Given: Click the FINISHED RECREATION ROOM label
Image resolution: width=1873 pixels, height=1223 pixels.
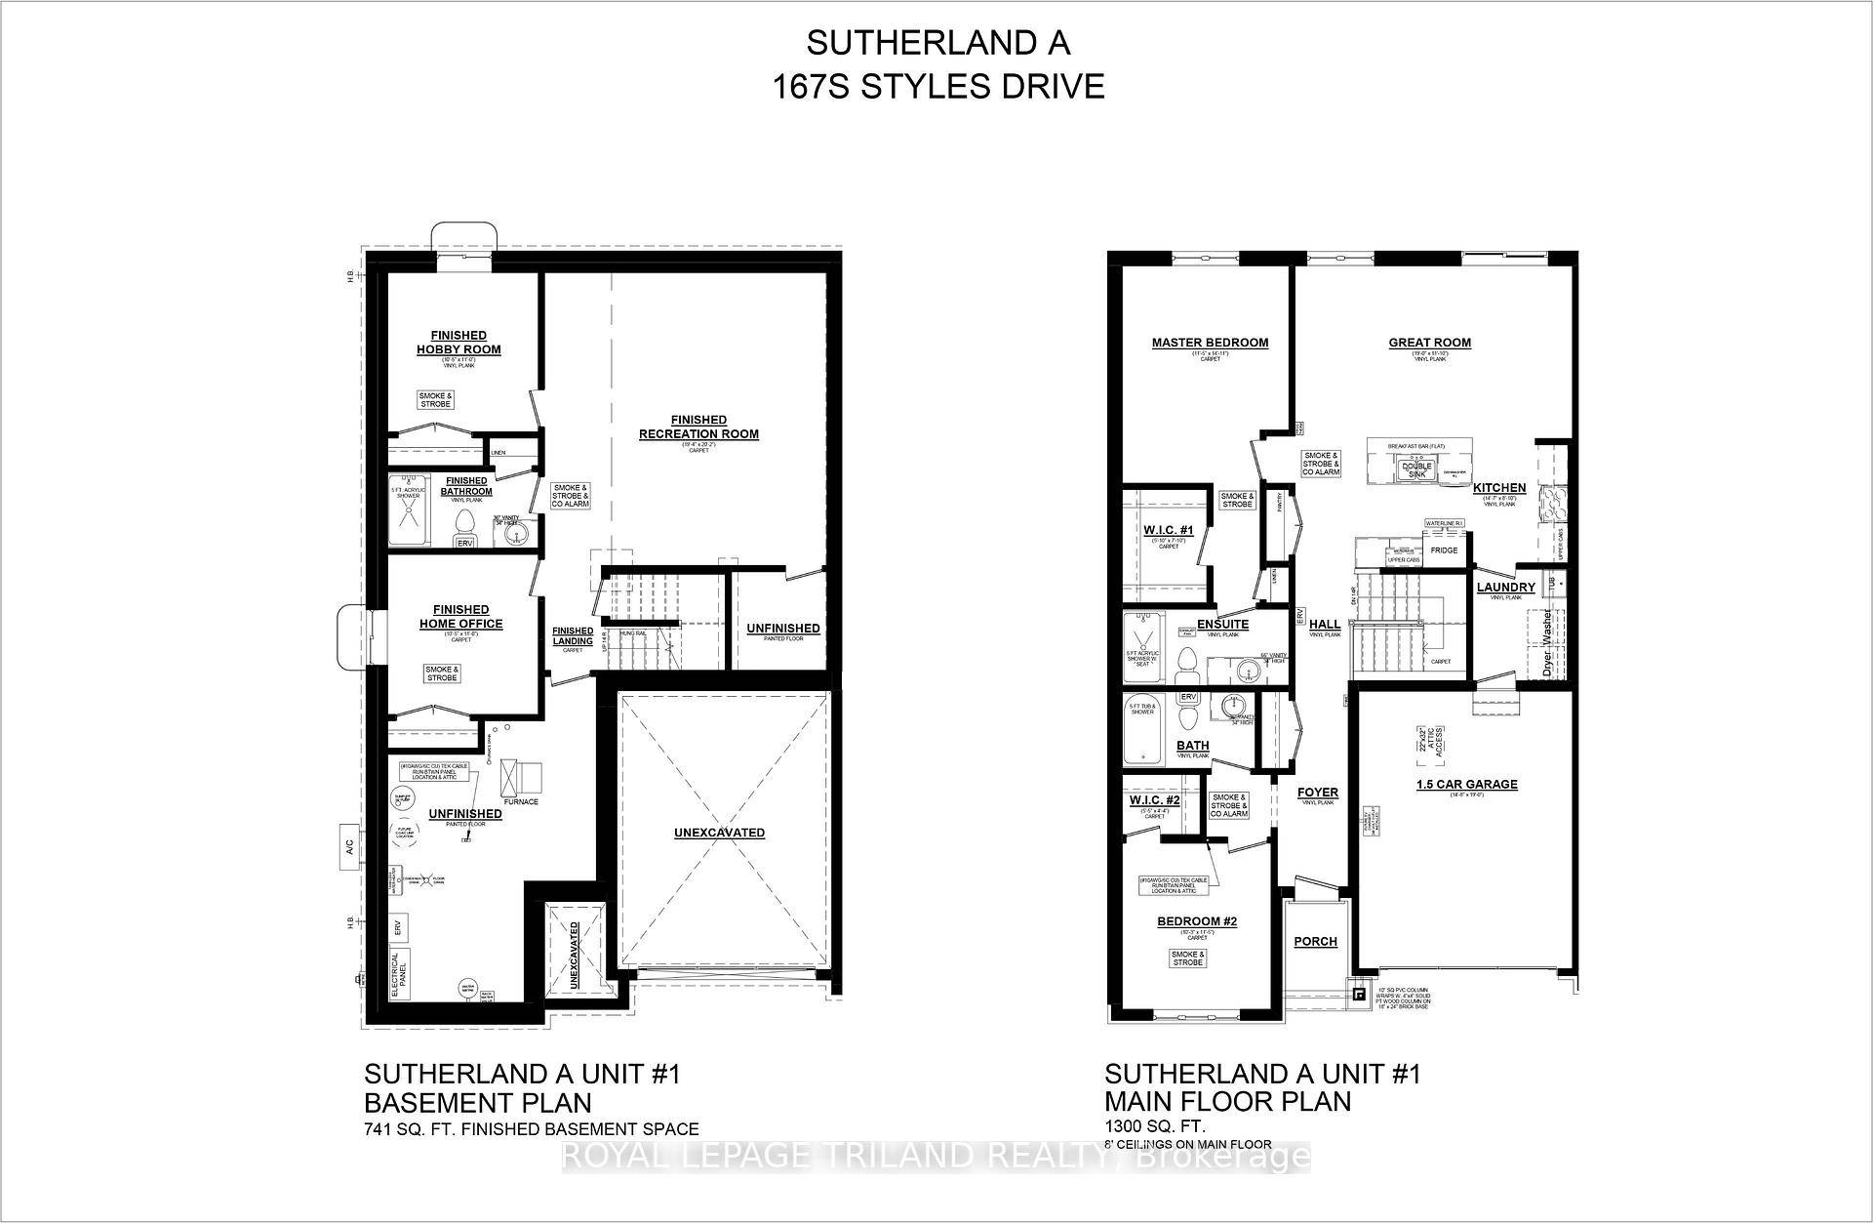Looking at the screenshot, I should (698, 428).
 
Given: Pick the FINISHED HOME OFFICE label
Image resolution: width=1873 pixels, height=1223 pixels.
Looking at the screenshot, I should (460, 617).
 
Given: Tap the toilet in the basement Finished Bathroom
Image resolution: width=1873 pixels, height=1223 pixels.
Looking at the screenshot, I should (465, 522).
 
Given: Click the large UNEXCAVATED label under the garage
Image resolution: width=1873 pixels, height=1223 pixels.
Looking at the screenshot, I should (719, 833).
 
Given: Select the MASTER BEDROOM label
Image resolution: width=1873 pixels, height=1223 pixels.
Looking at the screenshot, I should (1210, 343).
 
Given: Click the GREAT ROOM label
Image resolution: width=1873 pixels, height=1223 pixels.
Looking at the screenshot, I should (1429, 343).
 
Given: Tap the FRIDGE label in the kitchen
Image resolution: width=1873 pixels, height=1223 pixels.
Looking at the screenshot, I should (1443, 550).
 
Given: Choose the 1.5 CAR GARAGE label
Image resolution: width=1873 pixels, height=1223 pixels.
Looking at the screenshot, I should (1467, 784).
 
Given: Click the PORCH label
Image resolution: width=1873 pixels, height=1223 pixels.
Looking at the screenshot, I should (1315, 942).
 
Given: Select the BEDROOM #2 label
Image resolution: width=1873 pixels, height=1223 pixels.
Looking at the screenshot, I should (1197, 921).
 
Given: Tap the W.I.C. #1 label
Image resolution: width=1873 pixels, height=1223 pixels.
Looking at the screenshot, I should (1168, 530).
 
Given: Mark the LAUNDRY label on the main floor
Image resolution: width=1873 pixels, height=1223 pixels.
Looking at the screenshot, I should (1505, 588).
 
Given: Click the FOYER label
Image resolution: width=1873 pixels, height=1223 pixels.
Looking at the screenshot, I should (1317, 793).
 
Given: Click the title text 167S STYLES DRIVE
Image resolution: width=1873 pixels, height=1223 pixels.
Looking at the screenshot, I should (938, 87).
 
